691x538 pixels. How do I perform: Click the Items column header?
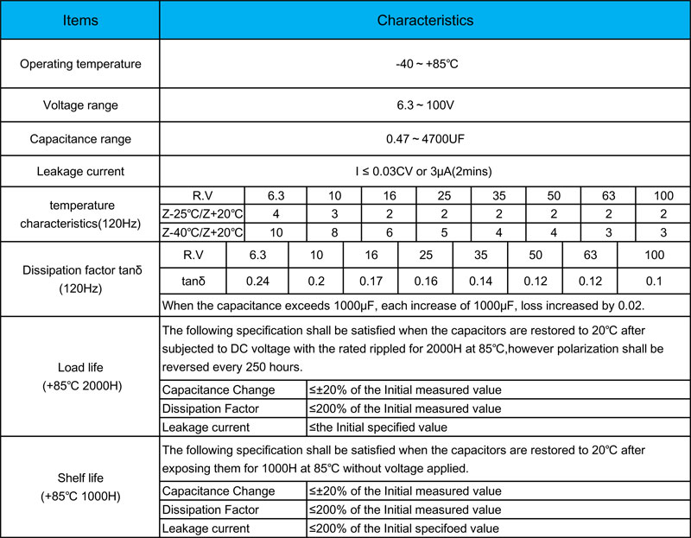tap(80, 19)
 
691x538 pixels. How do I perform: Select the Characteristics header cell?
tap(425, 19)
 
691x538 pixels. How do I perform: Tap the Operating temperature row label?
tap(80, 64)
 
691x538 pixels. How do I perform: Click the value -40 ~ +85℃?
tap(425, 64)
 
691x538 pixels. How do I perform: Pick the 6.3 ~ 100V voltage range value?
tap(425, 105)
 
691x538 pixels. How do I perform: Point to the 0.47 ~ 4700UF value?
tap(425, 138)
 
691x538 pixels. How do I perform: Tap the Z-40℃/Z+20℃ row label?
tap(203, 232)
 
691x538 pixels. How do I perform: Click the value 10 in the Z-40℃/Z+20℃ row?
tap(275, 232)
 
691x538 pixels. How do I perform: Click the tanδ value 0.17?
tap(370, 282)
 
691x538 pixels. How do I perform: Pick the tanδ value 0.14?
tap(479, 282)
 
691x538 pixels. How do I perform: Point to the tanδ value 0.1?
tap(654, 282)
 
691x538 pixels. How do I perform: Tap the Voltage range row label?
tap(80, 105)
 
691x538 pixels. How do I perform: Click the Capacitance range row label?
tap(80, 138)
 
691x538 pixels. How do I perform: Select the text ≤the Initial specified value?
tap(378, 427)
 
